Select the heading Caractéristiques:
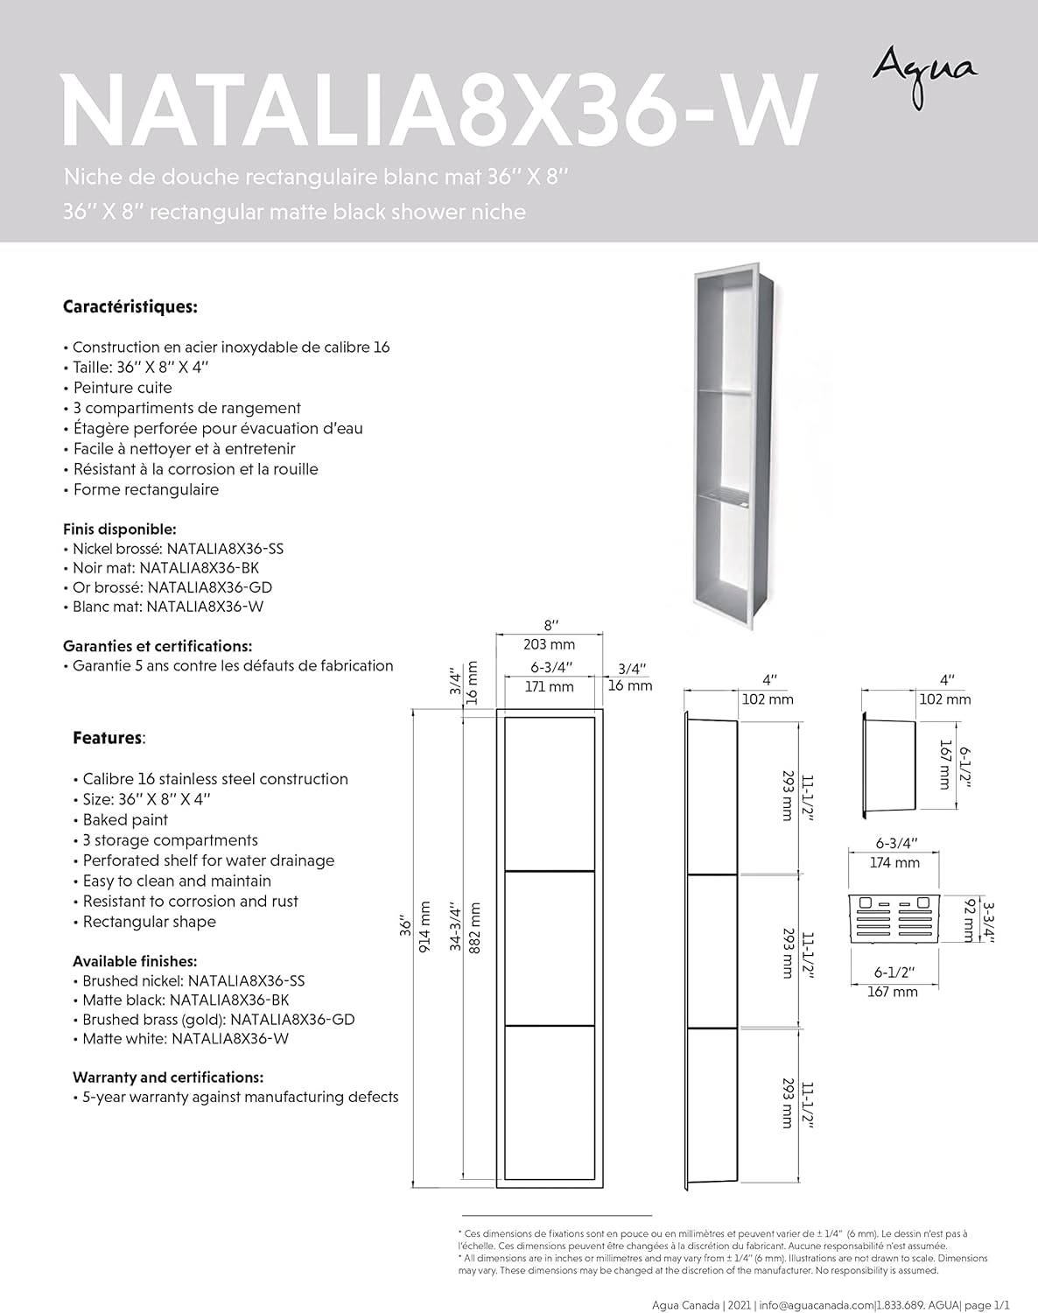(x=130, y=307)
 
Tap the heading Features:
(x=109, y=738)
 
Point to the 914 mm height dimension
(x=426, y=926)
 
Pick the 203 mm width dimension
(x=549, y=645)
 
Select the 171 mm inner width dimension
(x=549, y=687)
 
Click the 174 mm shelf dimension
(x=895, y=863)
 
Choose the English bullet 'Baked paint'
(x=125, y=819)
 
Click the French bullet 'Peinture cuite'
(x=123, y=388)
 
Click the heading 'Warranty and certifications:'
(x=168, y=1077)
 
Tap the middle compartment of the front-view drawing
(x=549, y=947)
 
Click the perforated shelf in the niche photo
(x=723, y=501)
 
